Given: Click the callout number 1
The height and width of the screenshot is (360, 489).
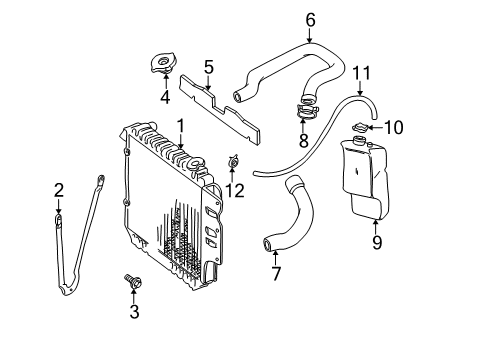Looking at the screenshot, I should (x=181, y=126).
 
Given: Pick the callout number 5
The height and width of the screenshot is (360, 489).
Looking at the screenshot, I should (x=208, y=68).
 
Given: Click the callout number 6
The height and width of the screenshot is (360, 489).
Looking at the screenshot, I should (x=309, y=19).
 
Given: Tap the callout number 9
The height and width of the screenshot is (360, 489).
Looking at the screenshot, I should (x=377, y=240).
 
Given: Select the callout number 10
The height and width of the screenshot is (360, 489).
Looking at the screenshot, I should (x=393, y=127).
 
